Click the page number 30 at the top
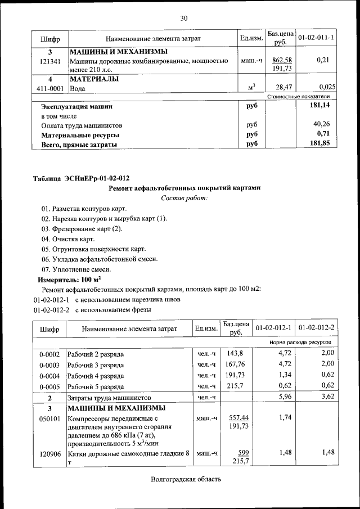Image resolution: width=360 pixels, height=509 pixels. point(183,18)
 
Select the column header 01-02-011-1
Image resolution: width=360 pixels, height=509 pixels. point(316,38)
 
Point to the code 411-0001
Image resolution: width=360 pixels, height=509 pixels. point(50,88)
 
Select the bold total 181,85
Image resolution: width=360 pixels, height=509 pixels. point(323,144)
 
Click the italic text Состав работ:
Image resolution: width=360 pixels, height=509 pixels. point(184,198)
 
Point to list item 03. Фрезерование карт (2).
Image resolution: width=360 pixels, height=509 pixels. point(82,229)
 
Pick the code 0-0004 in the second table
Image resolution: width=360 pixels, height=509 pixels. point(49,376)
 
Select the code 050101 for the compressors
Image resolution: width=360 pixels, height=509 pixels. point(49,419)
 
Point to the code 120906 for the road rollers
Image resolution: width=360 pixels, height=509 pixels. point(49,453)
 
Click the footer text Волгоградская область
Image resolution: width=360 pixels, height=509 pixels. point(186,479)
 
